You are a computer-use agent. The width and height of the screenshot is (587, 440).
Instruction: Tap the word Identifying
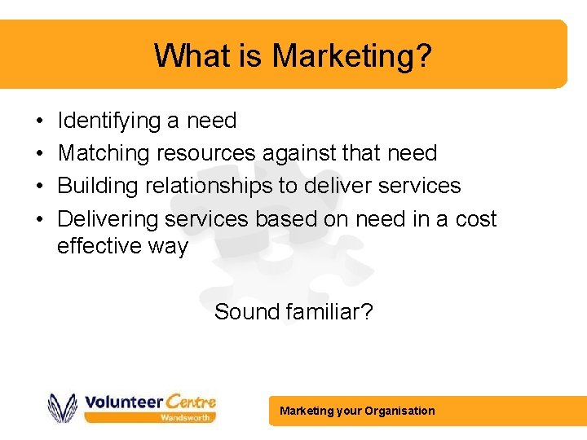tap(109, 121)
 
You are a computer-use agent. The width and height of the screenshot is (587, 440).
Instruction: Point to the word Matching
tap(104, 153)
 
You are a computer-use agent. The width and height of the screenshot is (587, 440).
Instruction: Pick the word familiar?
tap(329, 311)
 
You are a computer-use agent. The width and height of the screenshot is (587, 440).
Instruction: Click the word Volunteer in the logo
tap(122, 402)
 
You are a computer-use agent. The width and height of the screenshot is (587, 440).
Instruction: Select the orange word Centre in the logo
tap(191, 401)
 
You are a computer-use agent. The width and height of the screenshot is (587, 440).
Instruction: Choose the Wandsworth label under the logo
tap(187, 417)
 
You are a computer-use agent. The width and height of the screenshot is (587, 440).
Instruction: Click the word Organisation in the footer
tap(400, 411)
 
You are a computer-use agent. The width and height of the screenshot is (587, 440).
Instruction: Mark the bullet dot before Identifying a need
tap(40, 122)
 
